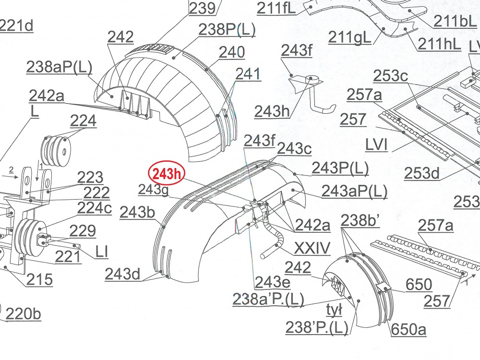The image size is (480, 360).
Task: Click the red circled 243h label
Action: [x=167, y=174]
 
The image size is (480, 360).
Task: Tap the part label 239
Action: [x=202, y=8]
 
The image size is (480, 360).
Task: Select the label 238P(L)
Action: [x=227, y=30]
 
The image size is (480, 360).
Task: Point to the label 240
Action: [x=232, y=52]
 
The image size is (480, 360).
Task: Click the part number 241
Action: [x=248, y=74]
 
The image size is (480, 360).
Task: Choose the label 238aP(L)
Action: [x=59, y=67]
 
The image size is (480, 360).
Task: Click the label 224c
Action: [x=94, y=208]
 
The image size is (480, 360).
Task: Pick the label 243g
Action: [x=154, y=190]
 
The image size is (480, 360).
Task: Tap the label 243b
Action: [x=137, y=212]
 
